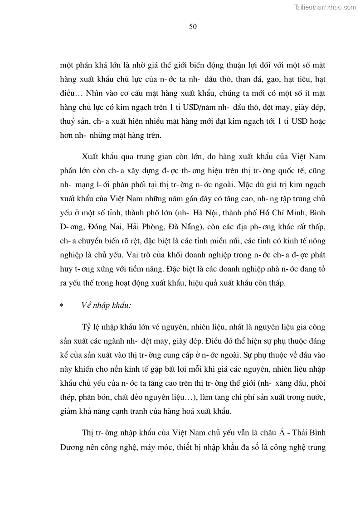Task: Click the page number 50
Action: (193, 27)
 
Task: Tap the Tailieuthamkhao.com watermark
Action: (326, 7)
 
